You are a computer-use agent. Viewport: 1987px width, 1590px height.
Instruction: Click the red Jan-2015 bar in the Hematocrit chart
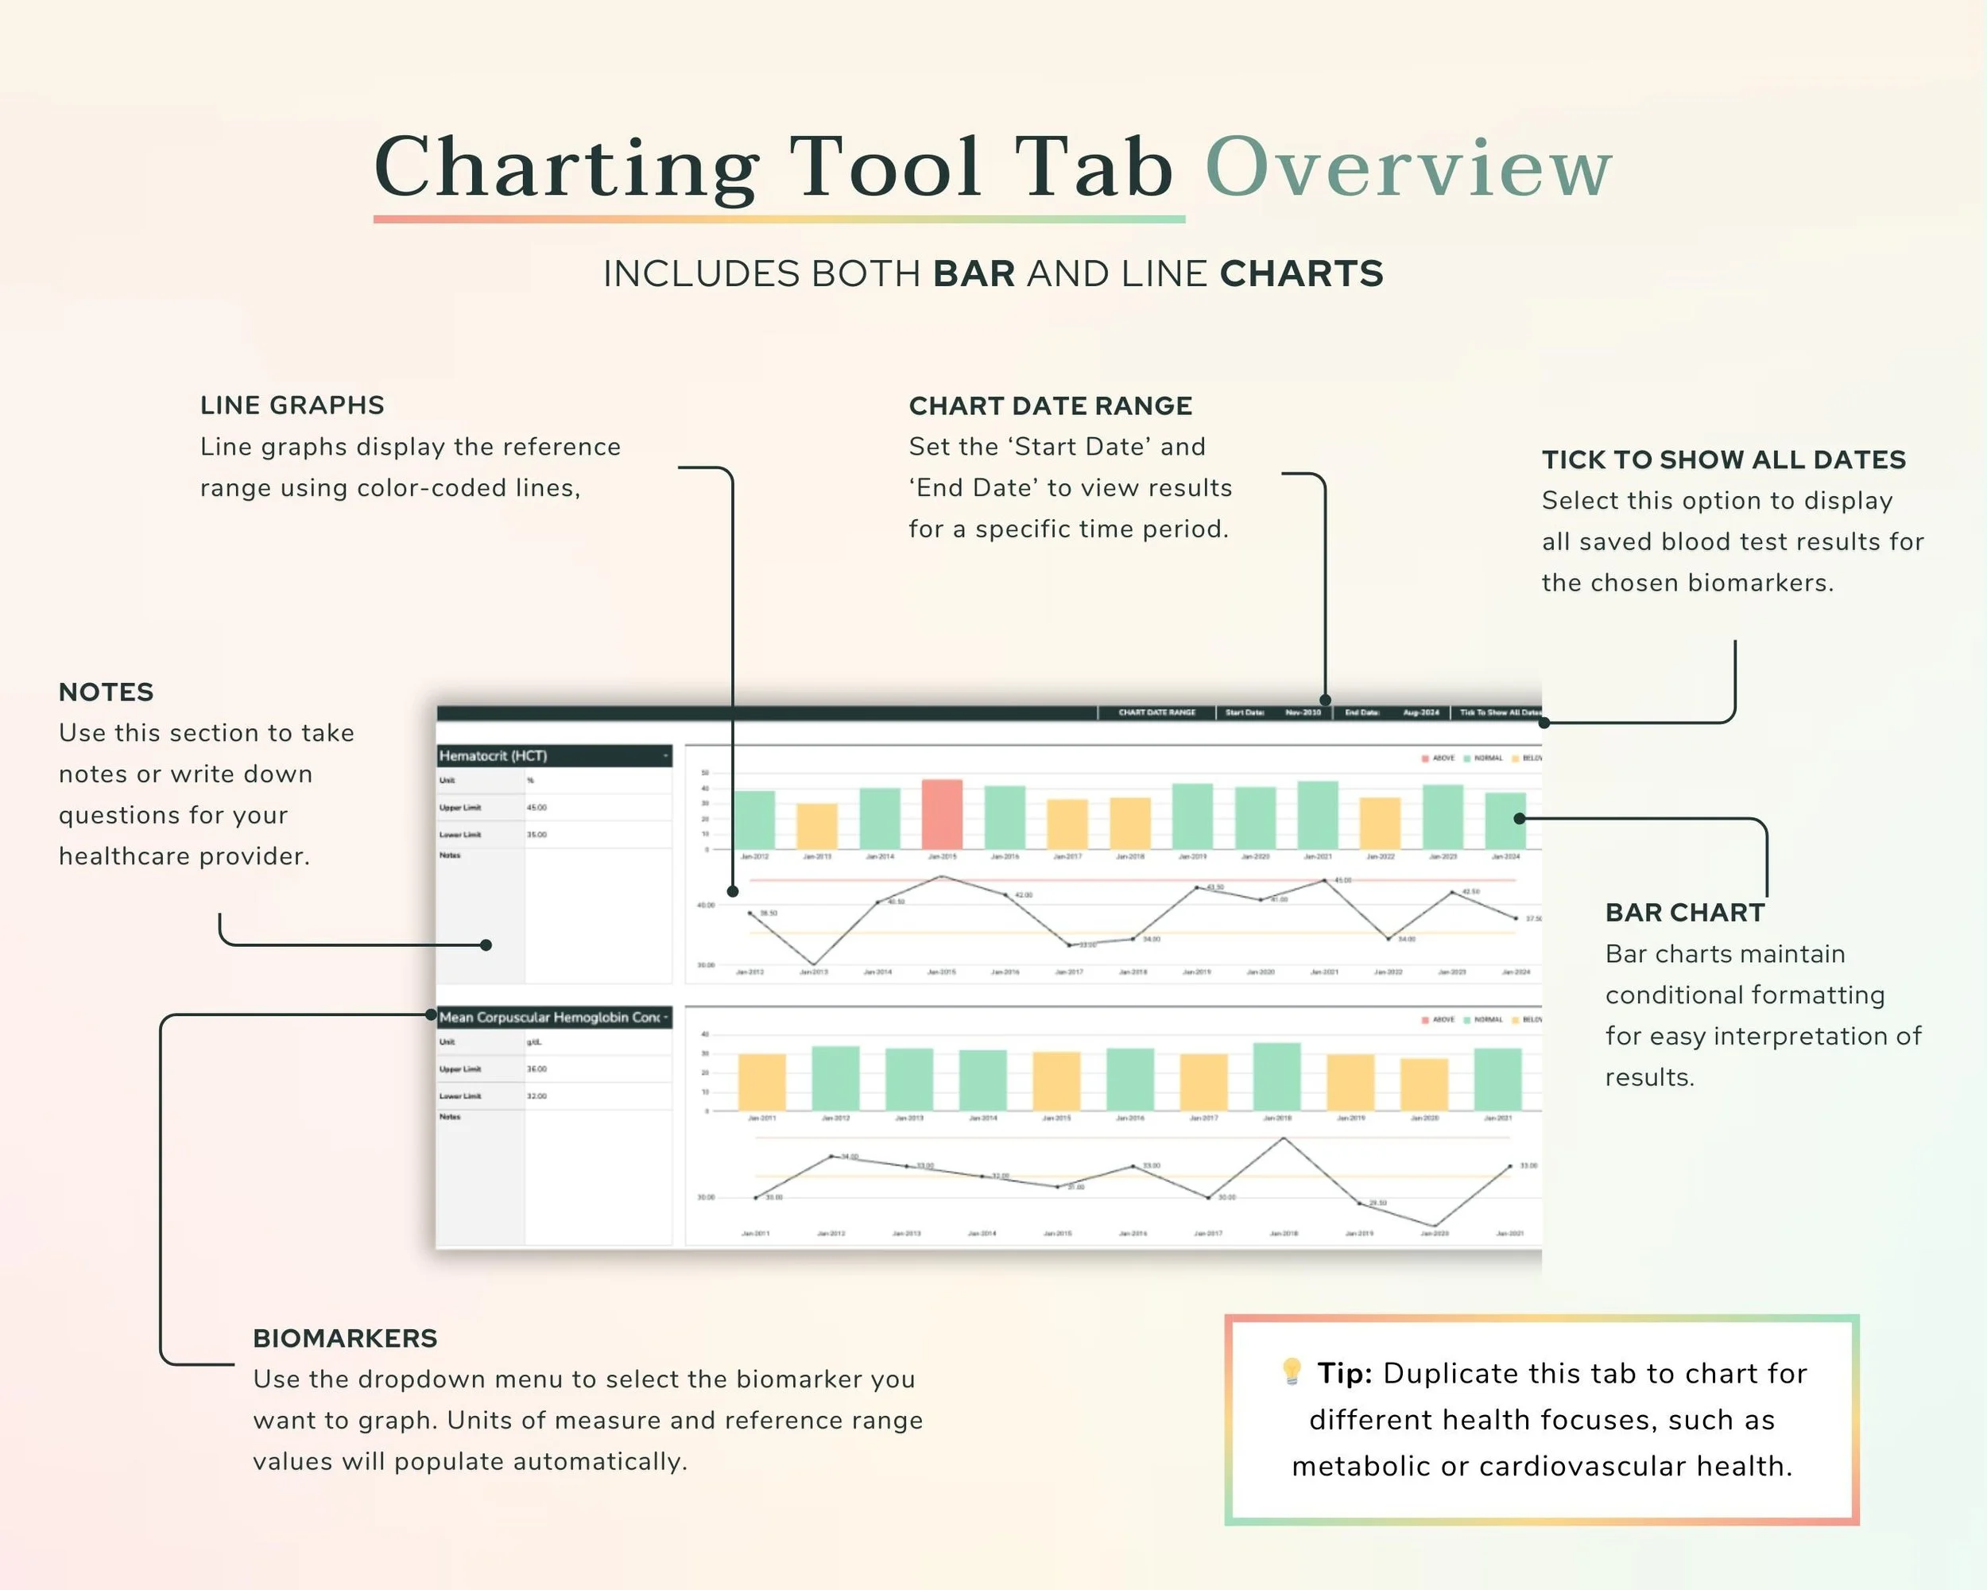click(x=942, y=815)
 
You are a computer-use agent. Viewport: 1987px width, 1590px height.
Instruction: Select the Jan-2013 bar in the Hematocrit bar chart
click(x=816, y=827)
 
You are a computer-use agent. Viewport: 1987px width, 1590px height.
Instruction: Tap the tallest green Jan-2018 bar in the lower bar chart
click(x=1276, y=1076)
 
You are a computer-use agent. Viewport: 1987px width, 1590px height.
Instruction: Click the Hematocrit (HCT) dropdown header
click(x=554, y=756)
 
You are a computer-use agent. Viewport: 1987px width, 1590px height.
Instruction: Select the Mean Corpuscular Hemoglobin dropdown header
click(x=554, y=1018)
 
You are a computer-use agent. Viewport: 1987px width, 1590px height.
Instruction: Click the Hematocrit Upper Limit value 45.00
click(x=536, y=808)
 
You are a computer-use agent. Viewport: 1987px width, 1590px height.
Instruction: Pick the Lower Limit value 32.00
click(x=536, y=1096)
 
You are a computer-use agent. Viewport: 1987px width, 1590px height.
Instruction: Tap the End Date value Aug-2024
click(x=1421, y=712)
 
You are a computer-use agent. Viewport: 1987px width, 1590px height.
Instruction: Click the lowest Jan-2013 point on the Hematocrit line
click(x=813, y=965)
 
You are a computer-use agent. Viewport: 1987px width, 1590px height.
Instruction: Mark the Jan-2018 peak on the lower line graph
click(x=1284, y=1138)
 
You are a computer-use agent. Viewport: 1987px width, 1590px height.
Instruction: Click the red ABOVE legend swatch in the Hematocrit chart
click(x=1425, y=758)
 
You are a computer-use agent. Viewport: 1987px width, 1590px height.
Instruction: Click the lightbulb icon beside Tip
click(x=1292, y=1371)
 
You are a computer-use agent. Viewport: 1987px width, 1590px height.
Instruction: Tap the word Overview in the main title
click(x=1408, y=168)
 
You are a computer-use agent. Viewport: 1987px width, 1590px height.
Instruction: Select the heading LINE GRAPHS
click(x=292, y=405)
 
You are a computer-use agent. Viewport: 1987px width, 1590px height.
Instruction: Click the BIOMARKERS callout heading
click(x=345, y=1338)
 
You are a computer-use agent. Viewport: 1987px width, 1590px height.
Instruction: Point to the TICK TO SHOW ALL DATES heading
click(x=1723, y=460)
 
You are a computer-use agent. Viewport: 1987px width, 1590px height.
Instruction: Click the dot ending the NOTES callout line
click(x=486, y=944)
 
